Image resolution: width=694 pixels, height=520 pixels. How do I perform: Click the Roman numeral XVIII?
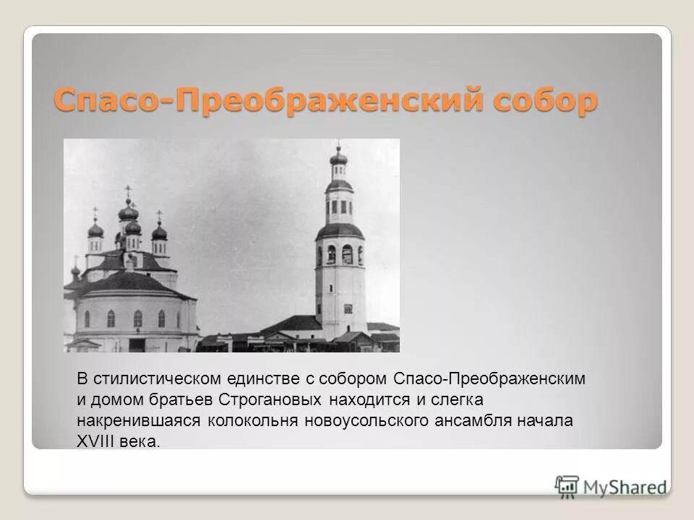pos(96,441)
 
